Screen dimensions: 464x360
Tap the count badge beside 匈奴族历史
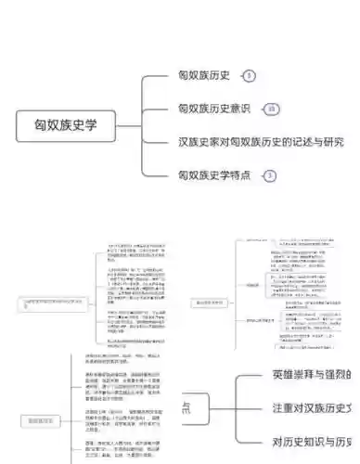tap(250, 76)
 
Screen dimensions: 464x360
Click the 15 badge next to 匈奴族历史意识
tap(271, 110)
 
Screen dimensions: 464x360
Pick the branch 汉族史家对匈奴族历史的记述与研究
tap(261, 142)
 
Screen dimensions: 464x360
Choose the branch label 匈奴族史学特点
tap(214, 174)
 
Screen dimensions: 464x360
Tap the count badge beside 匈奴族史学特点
tap(270, 174)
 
